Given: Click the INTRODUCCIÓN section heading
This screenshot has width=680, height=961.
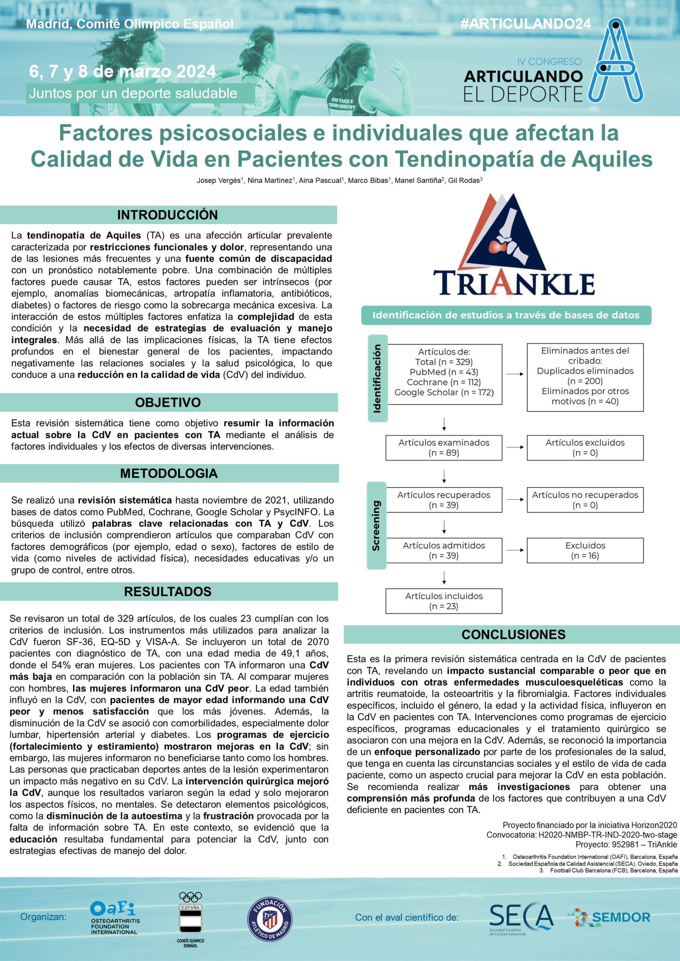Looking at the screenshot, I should point(167,215).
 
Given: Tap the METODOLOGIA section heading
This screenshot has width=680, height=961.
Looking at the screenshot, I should point(169,473).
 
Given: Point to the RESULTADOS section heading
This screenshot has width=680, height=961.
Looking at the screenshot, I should point(167,591).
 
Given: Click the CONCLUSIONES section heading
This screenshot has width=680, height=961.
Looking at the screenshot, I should point(513,634).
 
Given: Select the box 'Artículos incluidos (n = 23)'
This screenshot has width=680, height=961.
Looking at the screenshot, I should point(443,601).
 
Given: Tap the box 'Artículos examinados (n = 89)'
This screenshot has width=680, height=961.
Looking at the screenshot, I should point(443,447).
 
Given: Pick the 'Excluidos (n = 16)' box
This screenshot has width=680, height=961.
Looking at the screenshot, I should point(585,550).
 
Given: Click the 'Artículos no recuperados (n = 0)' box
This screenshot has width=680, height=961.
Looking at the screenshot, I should point(585,500).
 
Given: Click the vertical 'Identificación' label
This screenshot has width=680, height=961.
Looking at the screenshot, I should point(377,378).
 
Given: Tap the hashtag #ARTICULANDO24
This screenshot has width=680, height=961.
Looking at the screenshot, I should point(526,24).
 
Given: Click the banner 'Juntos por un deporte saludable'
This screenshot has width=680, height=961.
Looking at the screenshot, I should point(133,93).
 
